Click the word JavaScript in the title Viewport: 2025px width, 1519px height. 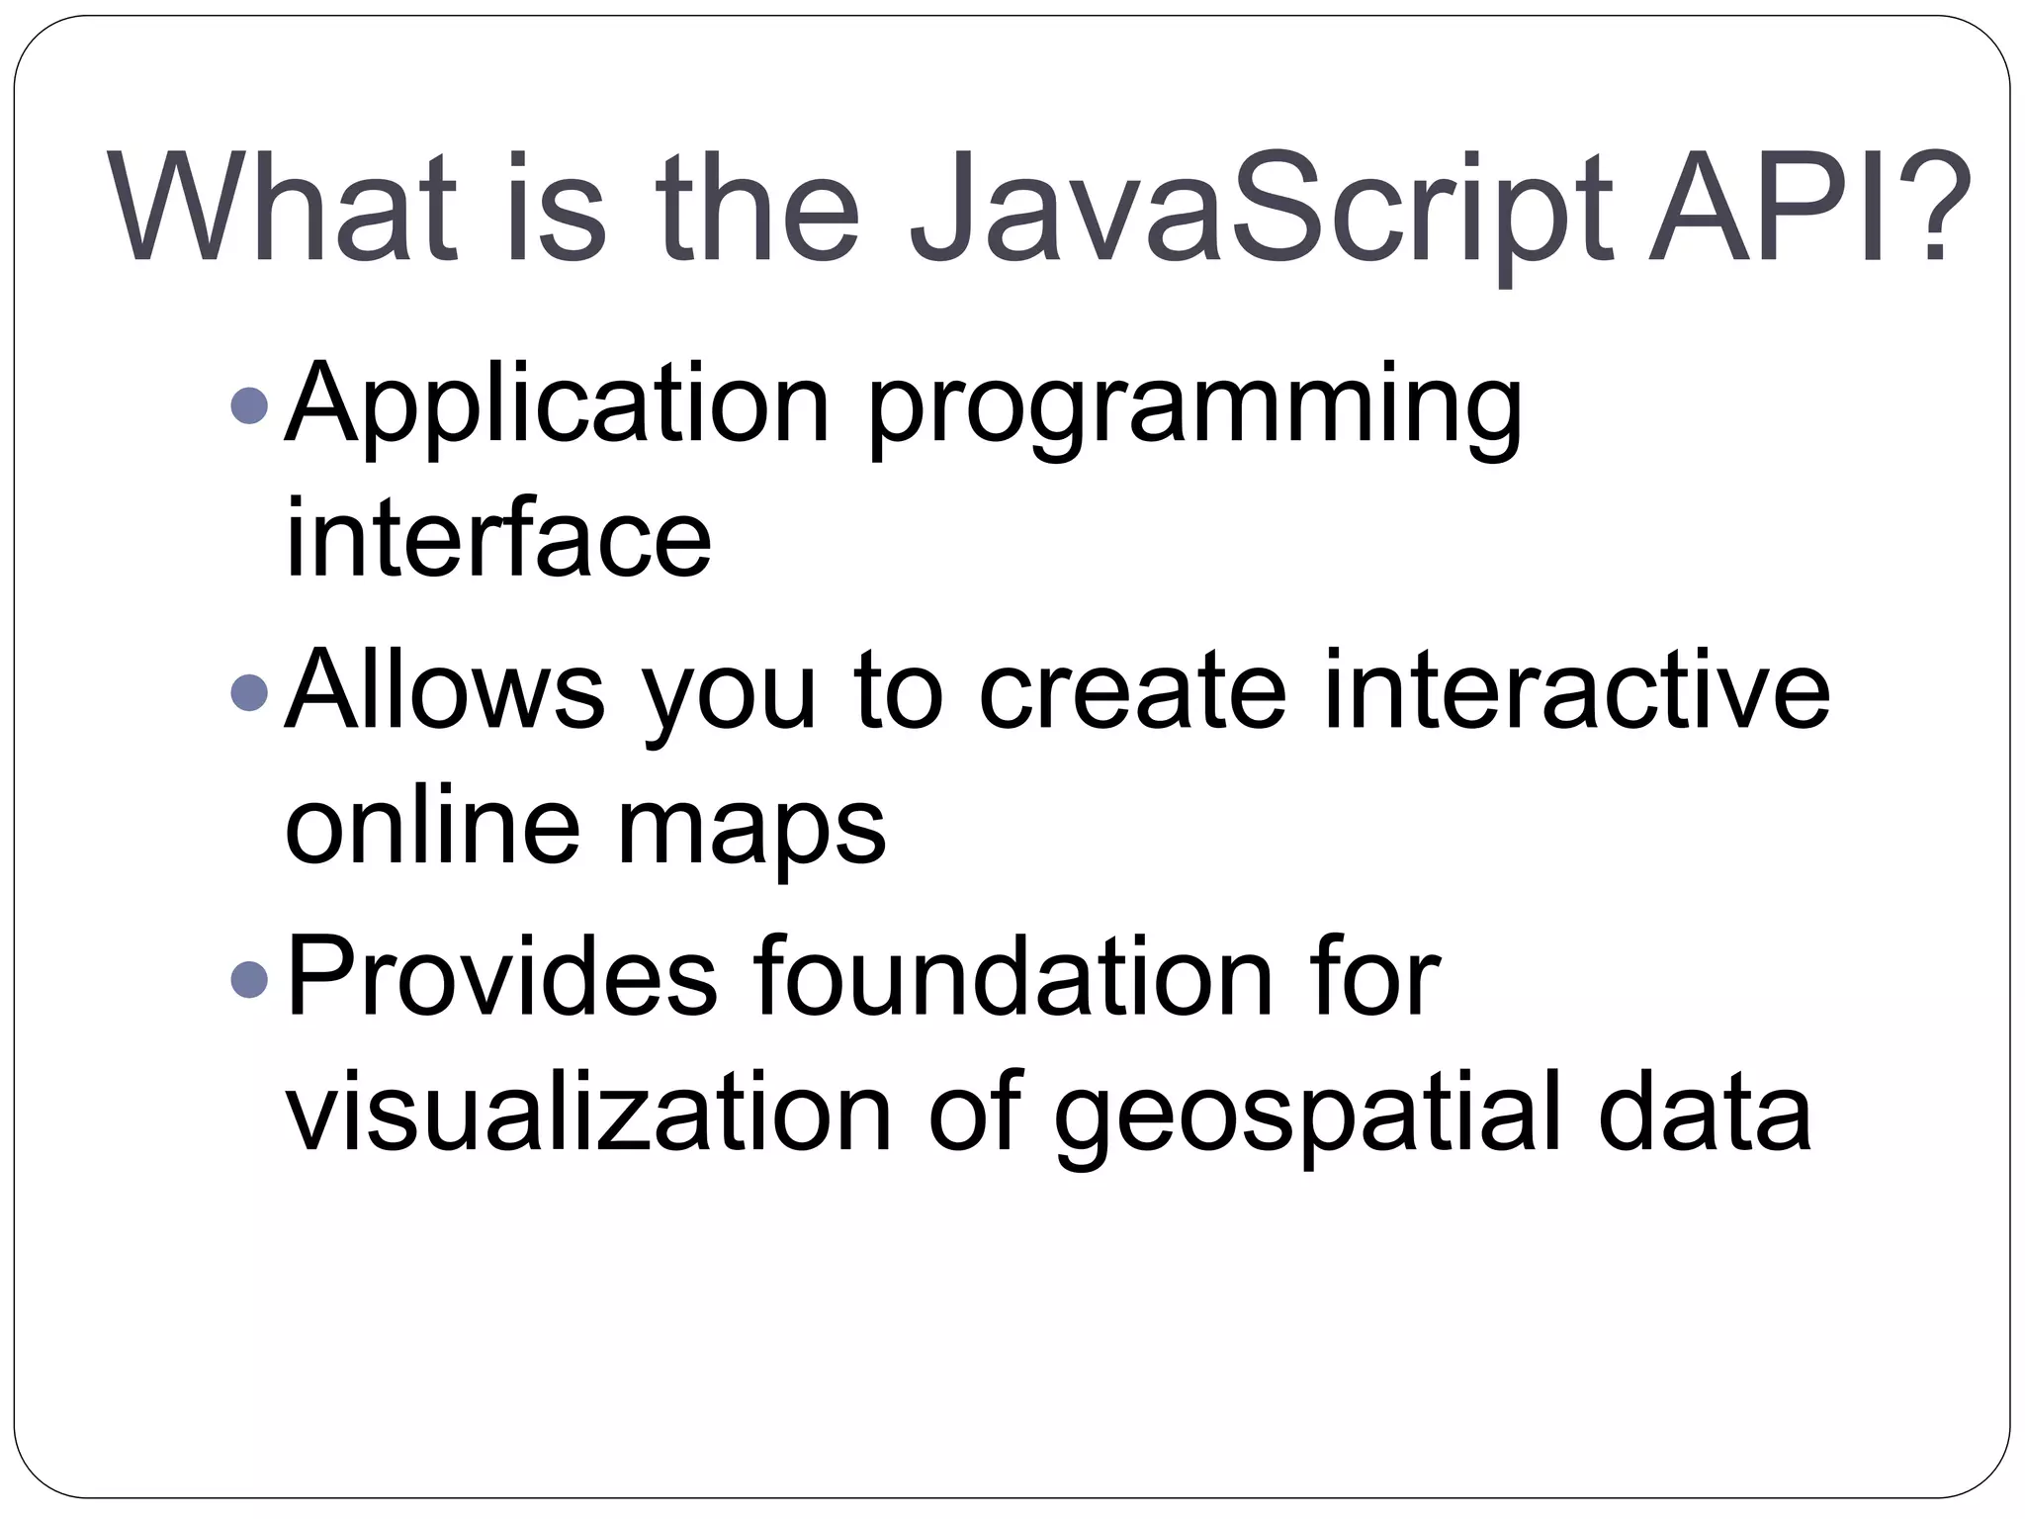pyautogui.click(x=1261, y=210)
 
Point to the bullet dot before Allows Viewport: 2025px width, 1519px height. pyautogui.click(x=248, y=691)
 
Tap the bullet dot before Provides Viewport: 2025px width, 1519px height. pyautogui.click(x=248, y=978)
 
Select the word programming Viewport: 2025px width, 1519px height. pyautogui.click(x=1194, y=410)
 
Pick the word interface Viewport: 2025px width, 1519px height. pyautogui.click(x=498, y=539)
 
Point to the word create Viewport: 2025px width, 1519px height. pyautogui.click(x=1132, y=692)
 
